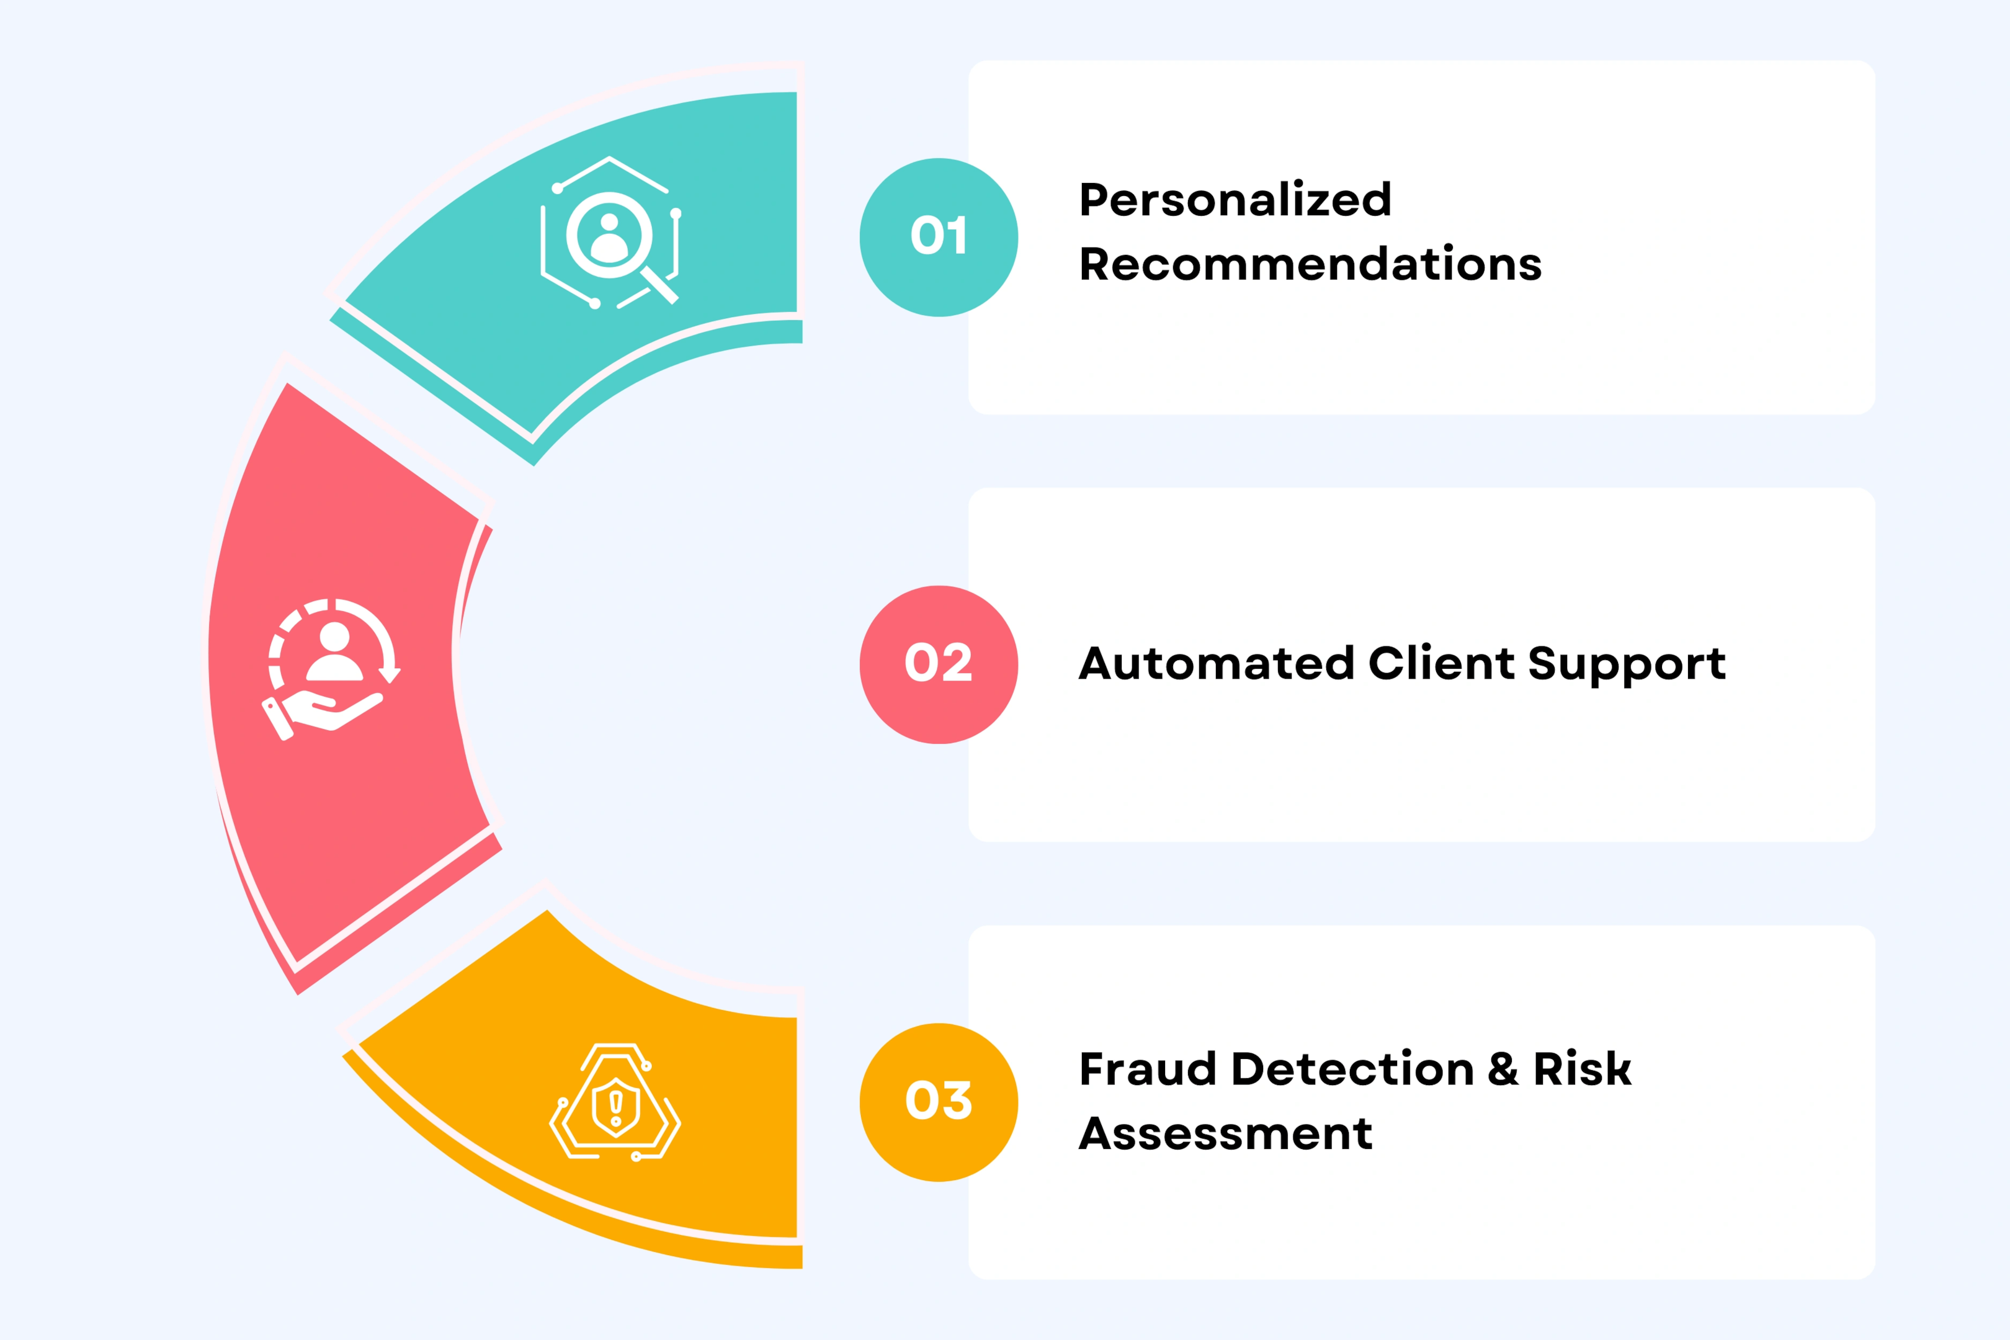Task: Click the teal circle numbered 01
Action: tap(939, 238)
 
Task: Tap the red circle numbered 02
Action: tap(939, 665)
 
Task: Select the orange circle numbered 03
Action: tap(939, 1102)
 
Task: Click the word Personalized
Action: tap(1235, 200)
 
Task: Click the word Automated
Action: tap(1216, 663)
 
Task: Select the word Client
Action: tap(1442, 663)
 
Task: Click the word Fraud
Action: tap(1148, 1069)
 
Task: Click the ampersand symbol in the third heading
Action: tap(1503, 1069)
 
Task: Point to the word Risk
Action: tap(1582, 1069)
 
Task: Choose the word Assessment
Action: tap(1225, 1133)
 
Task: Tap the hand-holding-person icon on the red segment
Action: tap(331, 669)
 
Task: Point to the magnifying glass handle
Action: tap(659, 285)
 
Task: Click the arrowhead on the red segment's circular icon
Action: tap(390, 675)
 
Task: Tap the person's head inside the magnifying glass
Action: tap(609, 222)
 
